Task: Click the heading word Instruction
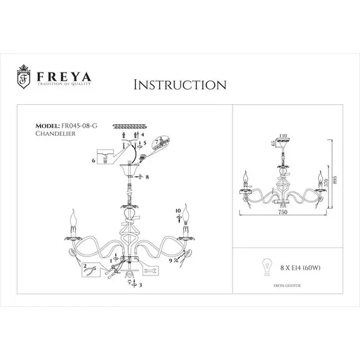[179, 84]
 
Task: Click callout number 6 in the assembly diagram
[93, 162]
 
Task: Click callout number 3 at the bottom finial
[140, 285]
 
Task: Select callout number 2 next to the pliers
[84, 267]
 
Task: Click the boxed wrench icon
[151, 269]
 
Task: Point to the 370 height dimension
[326, 182]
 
